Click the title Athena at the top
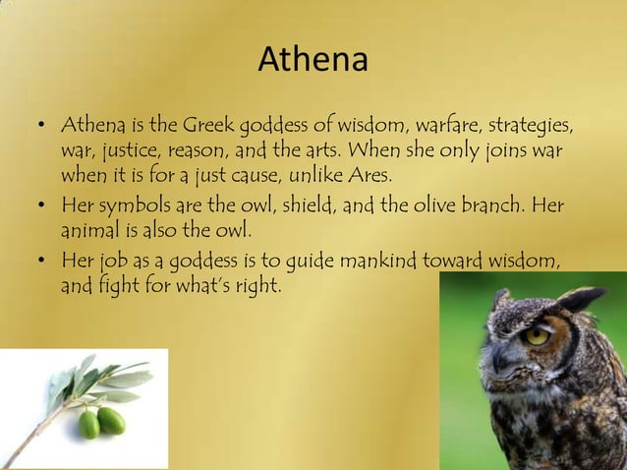313,61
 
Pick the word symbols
132,207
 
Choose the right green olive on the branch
111,420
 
